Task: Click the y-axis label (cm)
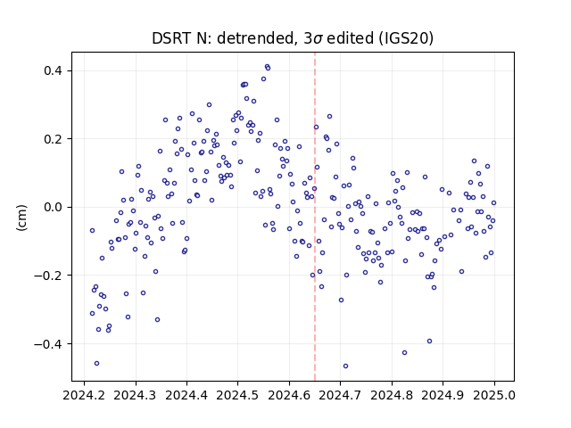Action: pos(21,218)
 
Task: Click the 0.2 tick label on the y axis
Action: pos(54,139)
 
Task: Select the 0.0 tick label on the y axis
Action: pos(54,207)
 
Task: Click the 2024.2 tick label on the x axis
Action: pos(84,395)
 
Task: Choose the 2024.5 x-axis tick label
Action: pos(238,395)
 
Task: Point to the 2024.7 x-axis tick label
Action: pos(341,395)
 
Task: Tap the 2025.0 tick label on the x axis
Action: pos(494,395)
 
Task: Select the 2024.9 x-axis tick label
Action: pos(443,395)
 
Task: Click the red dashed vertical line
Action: pos(315,217)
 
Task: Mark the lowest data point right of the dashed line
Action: pos(345,366)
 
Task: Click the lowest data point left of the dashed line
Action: pos(96,364)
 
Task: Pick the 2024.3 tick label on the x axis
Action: pos(136,395)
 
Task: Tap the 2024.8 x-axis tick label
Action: pos(392,395)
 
